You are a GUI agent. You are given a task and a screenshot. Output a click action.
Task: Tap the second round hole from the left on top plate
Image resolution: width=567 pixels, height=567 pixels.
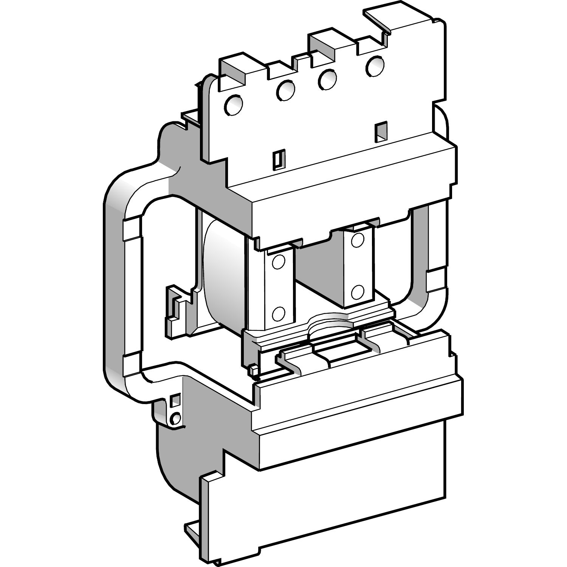pos(285,90)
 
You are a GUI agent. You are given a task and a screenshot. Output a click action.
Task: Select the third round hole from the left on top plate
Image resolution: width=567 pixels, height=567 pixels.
pos(327,79)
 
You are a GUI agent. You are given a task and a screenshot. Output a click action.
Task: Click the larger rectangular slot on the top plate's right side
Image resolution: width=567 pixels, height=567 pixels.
pos(381,131)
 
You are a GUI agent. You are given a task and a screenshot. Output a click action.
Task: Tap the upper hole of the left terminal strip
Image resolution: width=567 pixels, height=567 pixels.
pos(279,262)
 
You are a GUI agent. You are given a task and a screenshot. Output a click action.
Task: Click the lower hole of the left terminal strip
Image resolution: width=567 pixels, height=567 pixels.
pos(279,313)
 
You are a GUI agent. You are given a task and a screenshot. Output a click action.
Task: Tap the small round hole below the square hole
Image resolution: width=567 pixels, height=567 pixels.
pos(175,418)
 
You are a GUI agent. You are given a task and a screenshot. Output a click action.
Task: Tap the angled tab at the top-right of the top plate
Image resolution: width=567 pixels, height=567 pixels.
pos(378,19)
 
